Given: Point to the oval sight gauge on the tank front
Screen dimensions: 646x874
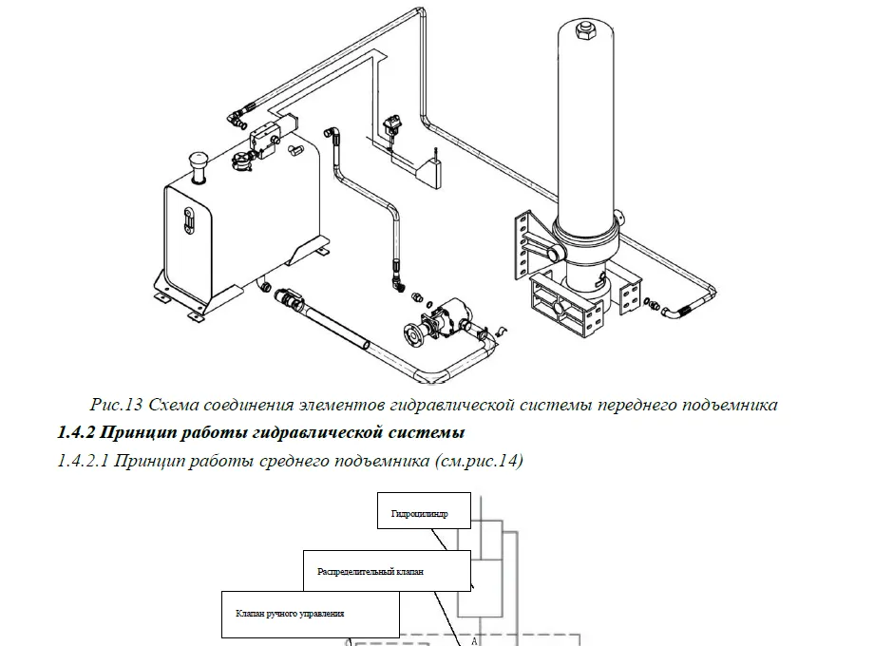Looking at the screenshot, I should [188, 218].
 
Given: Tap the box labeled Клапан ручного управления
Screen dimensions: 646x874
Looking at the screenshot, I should [310, 614].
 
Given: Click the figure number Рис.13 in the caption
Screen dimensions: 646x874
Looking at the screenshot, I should [116, 406].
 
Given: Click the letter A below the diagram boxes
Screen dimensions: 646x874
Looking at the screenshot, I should [474, 640].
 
